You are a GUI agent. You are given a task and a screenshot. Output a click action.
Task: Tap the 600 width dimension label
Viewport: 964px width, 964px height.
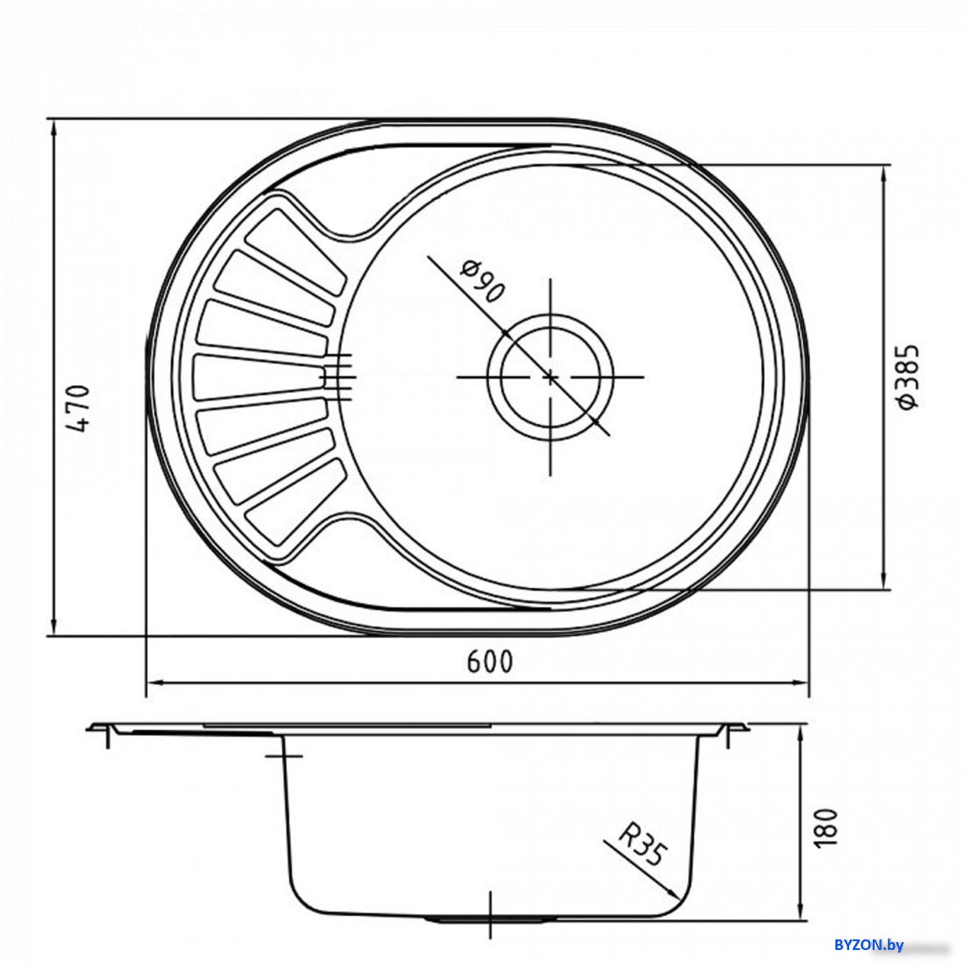489,663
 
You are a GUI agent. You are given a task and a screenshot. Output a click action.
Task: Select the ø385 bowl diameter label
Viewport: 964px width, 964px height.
908,376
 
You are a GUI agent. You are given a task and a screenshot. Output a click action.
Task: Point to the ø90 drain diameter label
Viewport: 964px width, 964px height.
481,281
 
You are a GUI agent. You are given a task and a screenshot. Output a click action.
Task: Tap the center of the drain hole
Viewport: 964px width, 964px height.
550,377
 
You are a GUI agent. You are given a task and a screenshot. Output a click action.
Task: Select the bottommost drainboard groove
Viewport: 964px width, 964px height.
294,501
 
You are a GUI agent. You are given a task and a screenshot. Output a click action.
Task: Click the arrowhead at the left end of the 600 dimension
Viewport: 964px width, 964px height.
155,683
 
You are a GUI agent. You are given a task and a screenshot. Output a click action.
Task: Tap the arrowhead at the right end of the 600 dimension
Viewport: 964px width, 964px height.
798,683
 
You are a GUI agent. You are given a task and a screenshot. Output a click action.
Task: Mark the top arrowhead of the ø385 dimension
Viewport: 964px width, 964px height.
884,174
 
